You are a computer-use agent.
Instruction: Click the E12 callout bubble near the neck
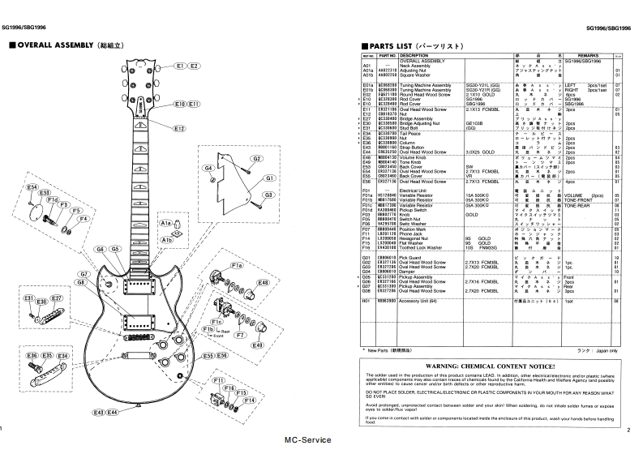click(179, 127)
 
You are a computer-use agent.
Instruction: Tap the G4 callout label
click(208, 167)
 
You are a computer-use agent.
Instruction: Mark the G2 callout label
click(256, 158)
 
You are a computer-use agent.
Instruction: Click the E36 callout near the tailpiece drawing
click(32, 356)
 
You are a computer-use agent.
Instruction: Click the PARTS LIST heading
click(414, 46)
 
